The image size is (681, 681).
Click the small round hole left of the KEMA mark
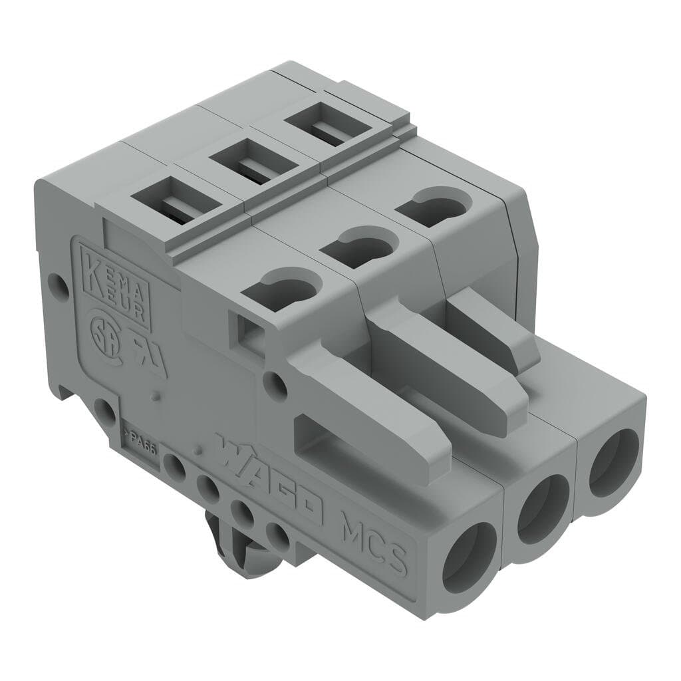tap(62, 288)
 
